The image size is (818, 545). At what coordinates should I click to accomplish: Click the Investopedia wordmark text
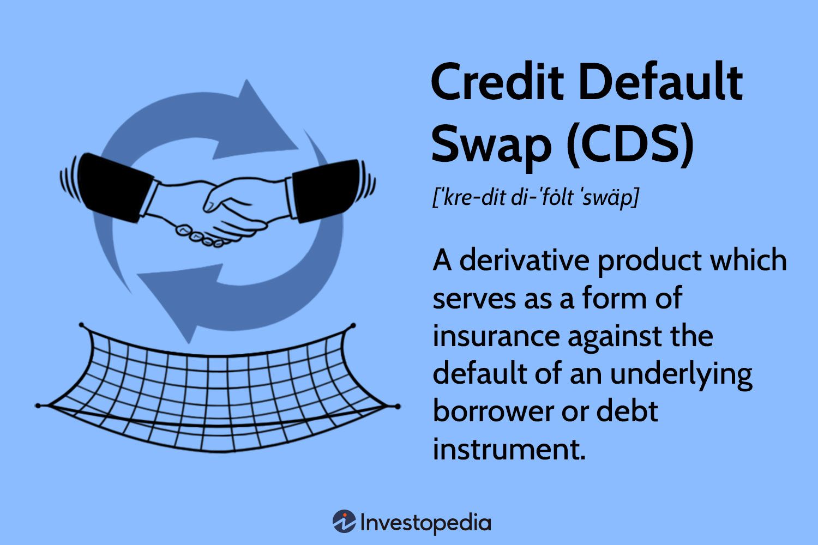425,523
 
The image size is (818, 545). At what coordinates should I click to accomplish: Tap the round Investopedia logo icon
344,522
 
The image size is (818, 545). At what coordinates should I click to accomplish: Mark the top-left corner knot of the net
81,325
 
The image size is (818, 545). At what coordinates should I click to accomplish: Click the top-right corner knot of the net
352,325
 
